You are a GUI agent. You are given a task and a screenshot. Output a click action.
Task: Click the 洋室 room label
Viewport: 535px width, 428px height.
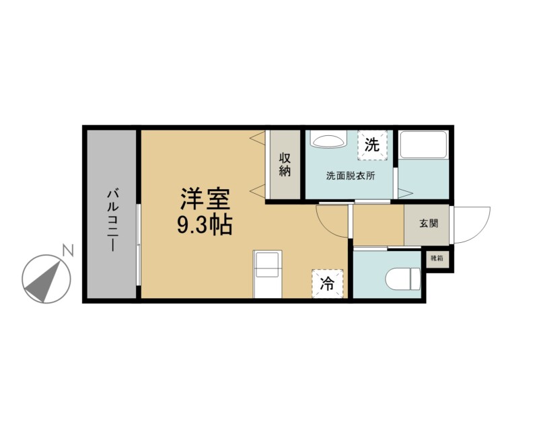click(x=205, y=199)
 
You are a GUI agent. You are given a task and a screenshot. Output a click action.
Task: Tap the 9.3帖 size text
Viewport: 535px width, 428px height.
click(x=205, y=224)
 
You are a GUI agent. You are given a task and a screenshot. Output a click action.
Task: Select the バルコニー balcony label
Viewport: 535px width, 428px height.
click(x=113, y=221)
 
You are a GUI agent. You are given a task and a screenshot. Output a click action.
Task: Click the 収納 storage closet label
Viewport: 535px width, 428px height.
click(x=285, y=164)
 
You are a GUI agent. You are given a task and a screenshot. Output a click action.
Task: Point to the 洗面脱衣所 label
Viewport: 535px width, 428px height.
click(x=351, y=176)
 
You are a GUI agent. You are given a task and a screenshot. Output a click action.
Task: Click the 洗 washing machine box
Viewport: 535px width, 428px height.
click(x=372, y=145)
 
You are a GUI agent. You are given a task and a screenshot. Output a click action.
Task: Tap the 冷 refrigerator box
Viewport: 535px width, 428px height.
click(x=327, y=283)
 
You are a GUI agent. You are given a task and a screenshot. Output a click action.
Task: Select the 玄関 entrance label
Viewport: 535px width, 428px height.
click(x=429, y=223)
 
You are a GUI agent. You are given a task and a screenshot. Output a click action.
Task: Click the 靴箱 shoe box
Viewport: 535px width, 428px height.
click(x=437, y=258)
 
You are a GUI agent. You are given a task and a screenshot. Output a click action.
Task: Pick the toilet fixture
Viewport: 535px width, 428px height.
click(x=403, y=279)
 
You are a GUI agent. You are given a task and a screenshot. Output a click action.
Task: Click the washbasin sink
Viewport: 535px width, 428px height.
click(x=328, y=139)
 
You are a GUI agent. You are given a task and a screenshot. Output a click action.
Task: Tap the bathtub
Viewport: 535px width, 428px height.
click(x=423, y=145)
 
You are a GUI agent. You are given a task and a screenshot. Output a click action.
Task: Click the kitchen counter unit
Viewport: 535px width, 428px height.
click(x=267, y=274)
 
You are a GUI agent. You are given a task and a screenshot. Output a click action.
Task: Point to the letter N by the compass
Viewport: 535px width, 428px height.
click(x=68, y=251)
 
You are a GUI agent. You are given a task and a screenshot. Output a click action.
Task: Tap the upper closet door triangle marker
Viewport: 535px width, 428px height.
click(x=257, y=139)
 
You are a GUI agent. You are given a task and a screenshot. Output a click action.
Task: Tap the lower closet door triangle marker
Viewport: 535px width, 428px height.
click(x=257, y=190)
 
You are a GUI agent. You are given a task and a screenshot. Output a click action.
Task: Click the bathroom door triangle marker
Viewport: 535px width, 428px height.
click(x=405, y=193)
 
